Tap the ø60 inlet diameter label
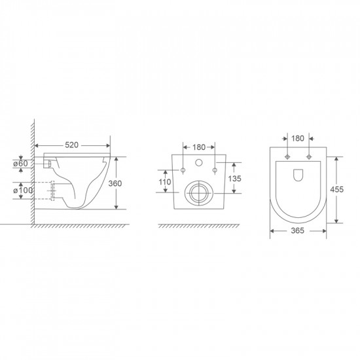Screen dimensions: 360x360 tap(20, 163)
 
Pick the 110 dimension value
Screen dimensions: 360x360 tap(166, 181)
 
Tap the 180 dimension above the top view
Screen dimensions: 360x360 tap(298, 139)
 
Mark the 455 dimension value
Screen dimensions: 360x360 tap(337, 190)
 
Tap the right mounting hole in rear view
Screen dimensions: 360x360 tap(213, 171)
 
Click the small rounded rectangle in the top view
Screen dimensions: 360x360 tap(297, 175)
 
